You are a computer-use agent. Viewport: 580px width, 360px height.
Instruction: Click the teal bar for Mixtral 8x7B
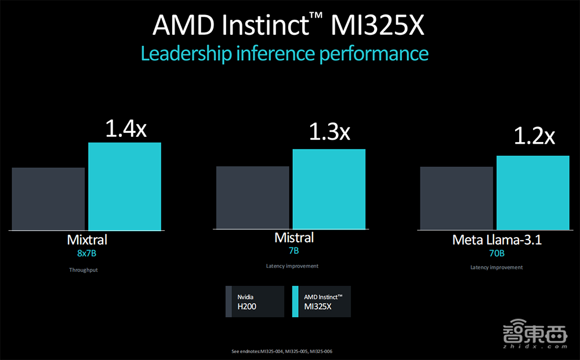pyautogui.click(x=125, y=186)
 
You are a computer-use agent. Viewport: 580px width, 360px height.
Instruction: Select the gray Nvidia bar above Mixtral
pyautogui.click(x=48, y=199)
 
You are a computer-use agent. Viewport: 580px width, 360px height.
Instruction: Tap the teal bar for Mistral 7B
pyautogui.click(x=329, y=189)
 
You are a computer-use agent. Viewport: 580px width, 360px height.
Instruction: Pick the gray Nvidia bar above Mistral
pyautogui.click(x=252, y=198)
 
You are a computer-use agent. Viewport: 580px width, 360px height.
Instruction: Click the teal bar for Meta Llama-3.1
pyautogui.click(x=533, y=192)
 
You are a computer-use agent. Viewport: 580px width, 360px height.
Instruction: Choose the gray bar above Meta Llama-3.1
pyautogui.click(x=456, y=198)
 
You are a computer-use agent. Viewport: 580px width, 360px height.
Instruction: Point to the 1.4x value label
pyautogui.click(x=125, y=129)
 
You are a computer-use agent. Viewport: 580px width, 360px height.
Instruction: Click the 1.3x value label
pyautogui.click(x=329, y=133)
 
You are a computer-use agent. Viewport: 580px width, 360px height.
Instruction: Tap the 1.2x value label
pyautogui.click(x=534, y=137)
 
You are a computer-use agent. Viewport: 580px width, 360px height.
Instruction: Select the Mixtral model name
pyautogui.click(x=87, y=239)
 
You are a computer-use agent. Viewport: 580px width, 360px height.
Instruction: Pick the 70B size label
pyautogui.click(x=496, y=253)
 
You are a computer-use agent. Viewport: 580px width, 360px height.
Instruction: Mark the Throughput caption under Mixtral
pyautogui.click(x=84, y=270)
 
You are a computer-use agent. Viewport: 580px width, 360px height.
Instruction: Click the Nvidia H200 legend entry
pyautogui.click(x=255, y=301)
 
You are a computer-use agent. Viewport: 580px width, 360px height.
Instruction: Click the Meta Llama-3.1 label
pyautogui.click(x=496, y=239)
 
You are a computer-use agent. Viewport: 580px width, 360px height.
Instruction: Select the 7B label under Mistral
pyautogui.click(x=293, y=251)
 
